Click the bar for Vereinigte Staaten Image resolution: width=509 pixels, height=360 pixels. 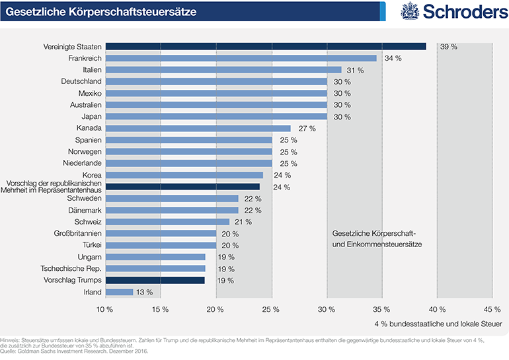click(x=264, y=46)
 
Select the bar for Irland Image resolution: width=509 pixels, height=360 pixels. click(x=119, y=291)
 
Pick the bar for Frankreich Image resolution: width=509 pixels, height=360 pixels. click(x=240, y=58)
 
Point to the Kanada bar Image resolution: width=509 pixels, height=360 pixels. click(x=197, y=128)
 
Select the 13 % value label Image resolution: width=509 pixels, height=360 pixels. click(x=144, y=292)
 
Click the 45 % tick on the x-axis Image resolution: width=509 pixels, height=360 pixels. click(x=492, y=309)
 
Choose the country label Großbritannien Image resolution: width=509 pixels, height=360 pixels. click(x=77, y=233)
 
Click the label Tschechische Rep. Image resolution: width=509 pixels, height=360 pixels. click(x=71, y=268)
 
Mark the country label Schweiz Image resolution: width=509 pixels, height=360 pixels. click(x=87, y=221)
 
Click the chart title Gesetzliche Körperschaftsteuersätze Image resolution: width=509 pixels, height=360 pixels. click(x=100, y=11)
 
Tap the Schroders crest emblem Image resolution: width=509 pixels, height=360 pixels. click(x=410, y=11)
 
